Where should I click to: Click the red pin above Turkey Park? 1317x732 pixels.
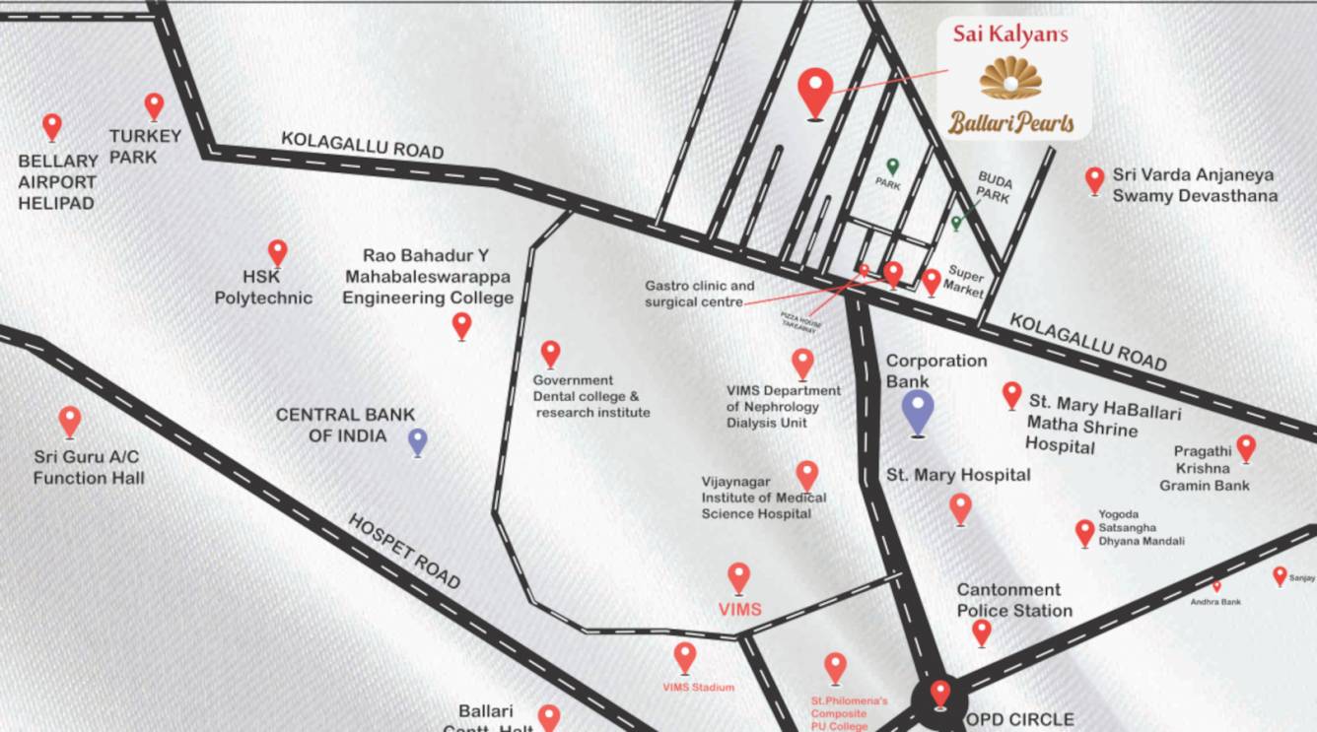(x=154, y=105)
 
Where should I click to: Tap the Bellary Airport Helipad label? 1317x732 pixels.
(x=57, y=182)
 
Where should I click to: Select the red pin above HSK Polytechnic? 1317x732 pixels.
(x=278, y=252)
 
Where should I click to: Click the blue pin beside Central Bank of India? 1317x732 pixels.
(x=418, y=440)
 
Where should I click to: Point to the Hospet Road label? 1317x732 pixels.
(x=404, y=551)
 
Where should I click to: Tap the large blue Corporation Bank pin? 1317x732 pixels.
(x=918, y=410)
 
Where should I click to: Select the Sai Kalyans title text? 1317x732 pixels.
(x=1010, y=33)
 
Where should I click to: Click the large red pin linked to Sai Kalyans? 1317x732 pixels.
(x=814, y=91)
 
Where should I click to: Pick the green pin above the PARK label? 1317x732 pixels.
(x=893, y=166)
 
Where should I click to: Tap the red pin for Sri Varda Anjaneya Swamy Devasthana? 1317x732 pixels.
(x=1094, y=179)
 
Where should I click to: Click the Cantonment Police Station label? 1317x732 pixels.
(x=1014, y=600)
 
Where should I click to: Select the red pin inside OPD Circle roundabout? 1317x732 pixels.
(x=940, y=692)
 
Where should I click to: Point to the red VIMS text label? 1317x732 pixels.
(x=739, y=610)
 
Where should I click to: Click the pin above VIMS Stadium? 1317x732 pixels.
(x=685, y=656)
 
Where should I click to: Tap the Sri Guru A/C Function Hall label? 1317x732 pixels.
(x=89, y=468)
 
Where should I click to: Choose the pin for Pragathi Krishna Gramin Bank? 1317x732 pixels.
(x=1246, y=447)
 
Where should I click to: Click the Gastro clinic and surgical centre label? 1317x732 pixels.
(x=699, y=294)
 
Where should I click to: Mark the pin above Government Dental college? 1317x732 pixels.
(x=551, y=353)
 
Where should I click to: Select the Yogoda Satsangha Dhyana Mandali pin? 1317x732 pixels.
(x=1084, y=532)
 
